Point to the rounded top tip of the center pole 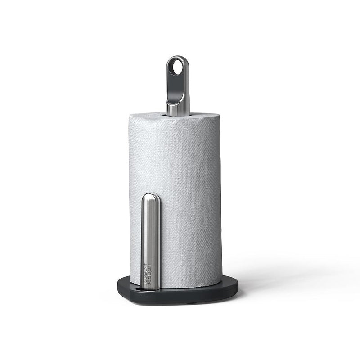click(176, 57)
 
